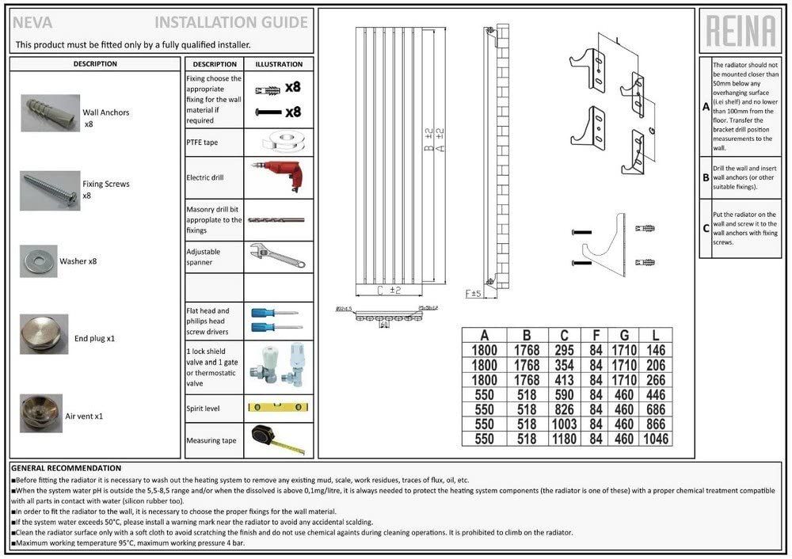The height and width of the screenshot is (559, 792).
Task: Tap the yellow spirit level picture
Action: point(276,408)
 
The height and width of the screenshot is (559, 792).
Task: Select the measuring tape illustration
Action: point(277,439)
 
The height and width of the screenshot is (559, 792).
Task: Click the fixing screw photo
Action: point(49,189)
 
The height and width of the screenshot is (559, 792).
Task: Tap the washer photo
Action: point(38,260)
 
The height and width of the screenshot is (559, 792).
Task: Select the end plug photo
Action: point(43,334)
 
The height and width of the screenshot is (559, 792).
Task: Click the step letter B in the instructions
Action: point(706,178)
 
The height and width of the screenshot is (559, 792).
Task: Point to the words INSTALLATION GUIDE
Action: point(230,22)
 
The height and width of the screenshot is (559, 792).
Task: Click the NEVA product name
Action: point(32,22)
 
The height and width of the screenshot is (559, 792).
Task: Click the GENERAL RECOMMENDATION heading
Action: point(67,468)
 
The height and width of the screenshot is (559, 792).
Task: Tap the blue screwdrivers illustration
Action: point(274,319)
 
